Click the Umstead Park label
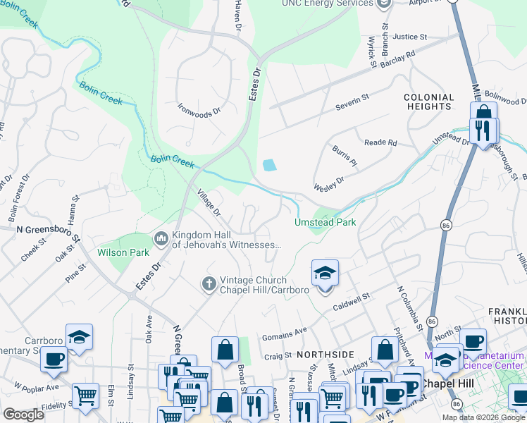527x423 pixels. click(x=325, y=222)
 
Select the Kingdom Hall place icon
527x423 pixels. click(x=161, y=240)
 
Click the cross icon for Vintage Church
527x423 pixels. click(x=209, y=283)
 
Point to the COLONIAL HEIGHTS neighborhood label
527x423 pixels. click(x=428, y=102)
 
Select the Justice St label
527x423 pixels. click(x=410, y=37)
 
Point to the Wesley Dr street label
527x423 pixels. click(x=329, y=185)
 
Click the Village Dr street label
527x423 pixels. click(x=209, y=203)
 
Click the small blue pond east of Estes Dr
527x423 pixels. click(x=269, y=166)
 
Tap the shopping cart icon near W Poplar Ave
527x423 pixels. click(x=85, y=396)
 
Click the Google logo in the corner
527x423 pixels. click(x=23, y=415)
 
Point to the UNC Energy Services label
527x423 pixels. click(x=327, y=4)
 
